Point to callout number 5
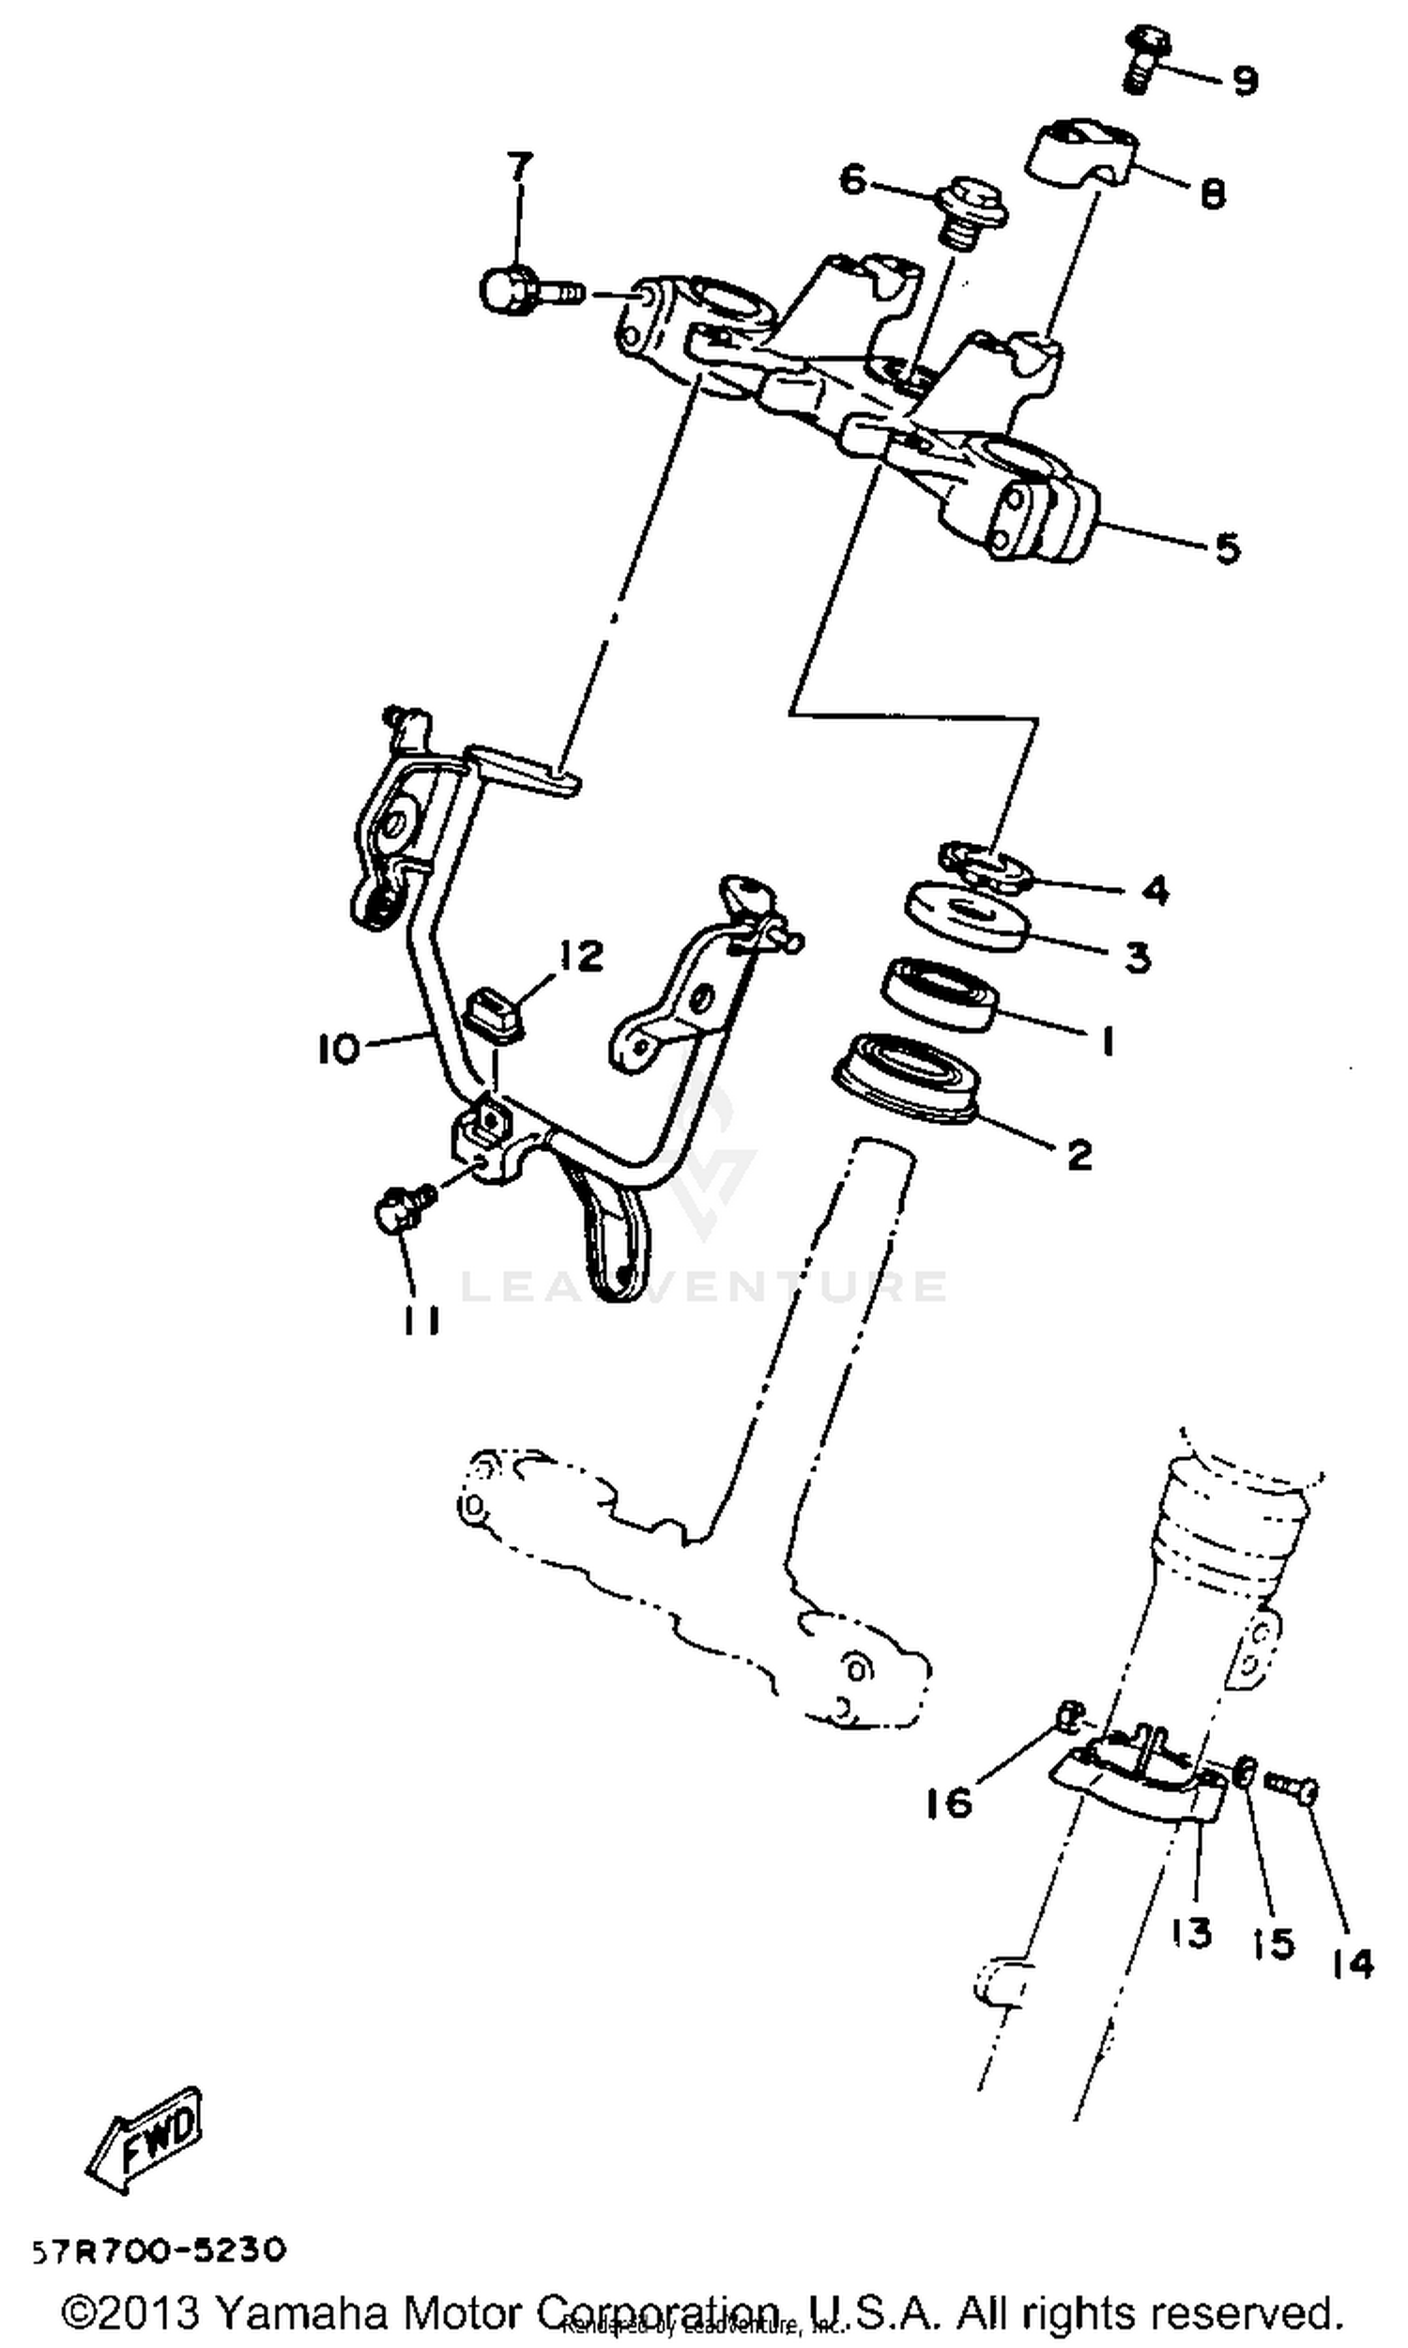coord(1227,547)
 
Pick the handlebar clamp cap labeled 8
coord(1081,152)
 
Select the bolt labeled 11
coord(404,1209)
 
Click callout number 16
coord(949,1802)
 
